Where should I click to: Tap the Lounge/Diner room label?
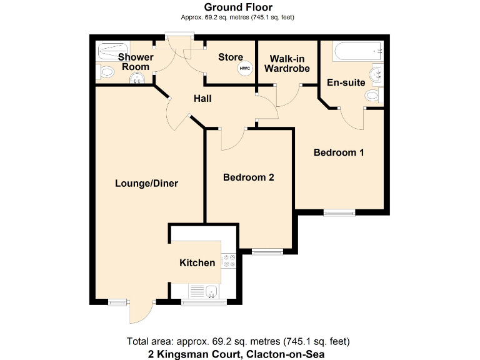click(x=147, y=184)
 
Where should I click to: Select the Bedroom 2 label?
click(x=249, y=177)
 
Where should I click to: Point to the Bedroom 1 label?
click(x=339, y=152)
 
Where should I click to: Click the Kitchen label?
click(x=197, y=263)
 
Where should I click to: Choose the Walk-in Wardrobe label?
click(x=287, y=63)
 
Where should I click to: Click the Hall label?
click(x=202, y=99)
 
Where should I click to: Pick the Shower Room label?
click(x=136, y=62)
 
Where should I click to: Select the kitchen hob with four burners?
click(x=229, y=261)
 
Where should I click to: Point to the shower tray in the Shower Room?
click(x=113, y=49)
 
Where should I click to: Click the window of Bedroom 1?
click(x=339, y=212)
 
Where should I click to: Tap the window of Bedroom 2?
click(x=267, y=252)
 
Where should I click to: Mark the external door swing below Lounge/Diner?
click(x=141, y=312)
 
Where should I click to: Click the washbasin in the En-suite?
click(x=377, y=76)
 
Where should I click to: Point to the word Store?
click(x=230, y=57)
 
